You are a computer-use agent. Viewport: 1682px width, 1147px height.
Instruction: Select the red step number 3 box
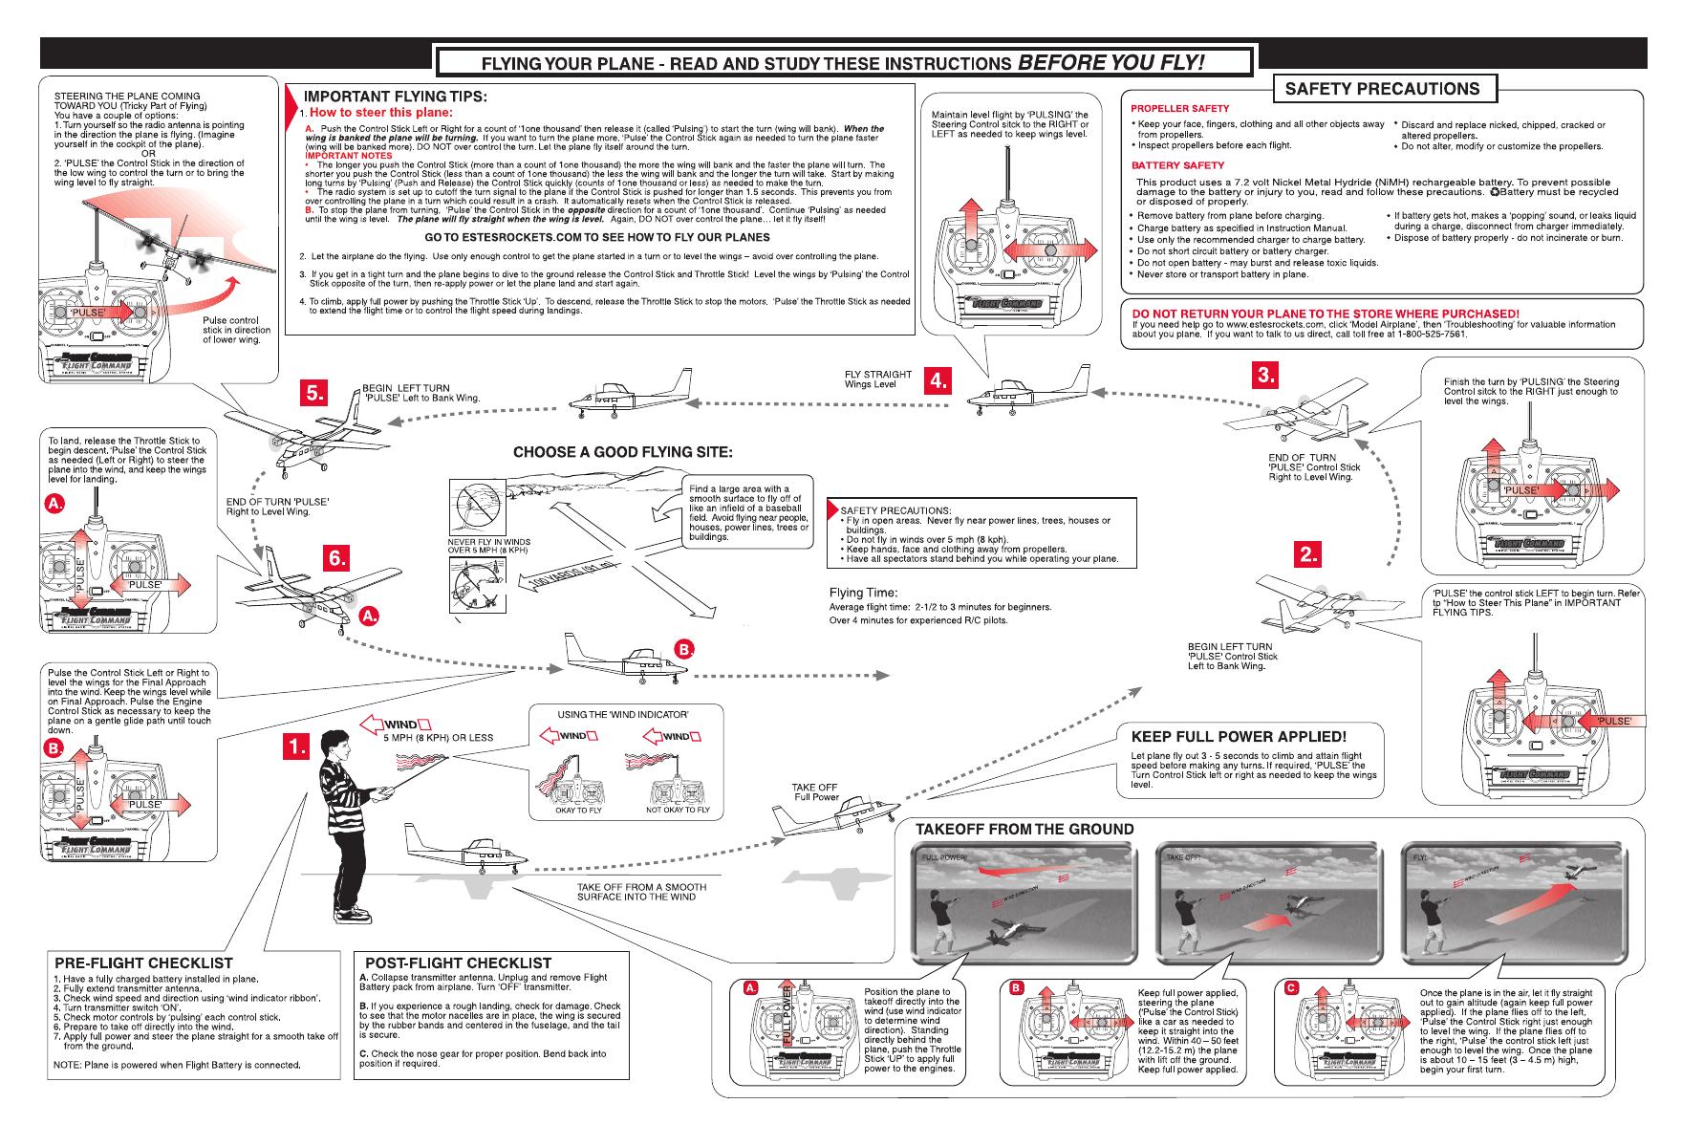point(1266,376)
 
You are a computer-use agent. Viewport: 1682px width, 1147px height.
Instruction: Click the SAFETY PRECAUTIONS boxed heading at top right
point(1382,89)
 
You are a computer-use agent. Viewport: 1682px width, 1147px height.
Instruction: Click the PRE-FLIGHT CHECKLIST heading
point(143,963)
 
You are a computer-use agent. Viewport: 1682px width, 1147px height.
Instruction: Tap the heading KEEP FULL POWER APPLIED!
point(1239,736)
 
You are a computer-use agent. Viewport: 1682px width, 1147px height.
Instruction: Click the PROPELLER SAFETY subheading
point(1180,108)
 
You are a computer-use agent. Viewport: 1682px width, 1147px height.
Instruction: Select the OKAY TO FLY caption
point(578,810)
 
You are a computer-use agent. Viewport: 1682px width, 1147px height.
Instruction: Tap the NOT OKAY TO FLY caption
point(678,810)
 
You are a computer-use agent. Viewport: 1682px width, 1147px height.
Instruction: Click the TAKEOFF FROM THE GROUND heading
point(1024,829)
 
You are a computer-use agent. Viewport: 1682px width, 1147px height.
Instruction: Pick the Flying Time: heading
point(863,593)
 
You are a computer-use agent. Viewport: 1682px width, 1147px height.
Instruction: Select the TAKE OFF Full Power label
point(814,792)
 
